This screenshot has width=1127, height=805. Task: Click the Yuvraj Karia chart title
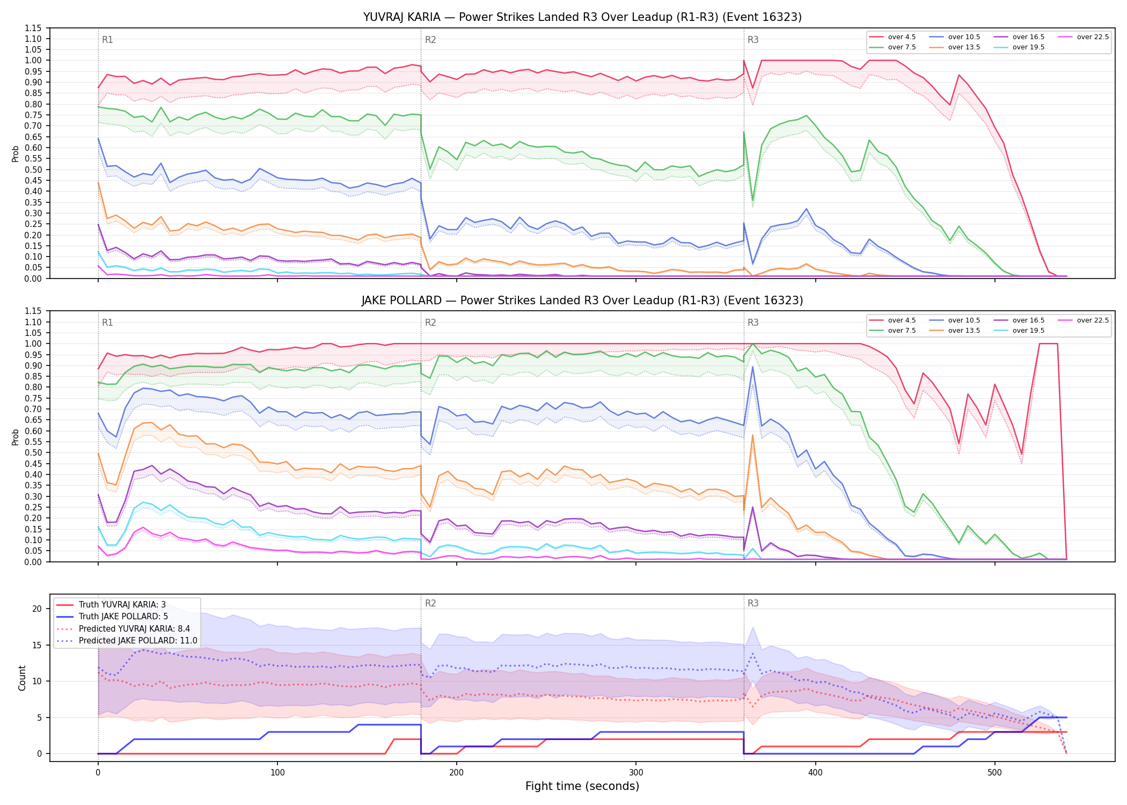582,17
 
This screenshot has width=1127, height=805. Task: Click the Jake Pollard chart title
582,301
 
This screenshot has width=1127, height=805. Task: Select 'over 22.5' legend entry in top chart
1083,37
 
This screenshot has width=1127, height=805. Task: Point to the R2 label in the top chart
430,40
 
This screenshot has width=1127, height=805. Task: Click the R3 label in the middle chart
753,323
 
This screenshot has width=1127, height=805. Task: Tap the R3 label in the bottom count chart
753,603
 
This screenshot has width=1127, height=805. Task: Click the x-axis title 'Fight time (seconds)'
582,786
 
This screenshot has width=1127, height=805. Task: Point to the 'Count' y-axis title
22,678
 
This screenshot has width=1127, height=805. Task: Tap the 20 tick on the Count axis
37,609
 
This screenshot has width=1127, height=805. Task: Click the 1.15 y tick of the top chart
33,28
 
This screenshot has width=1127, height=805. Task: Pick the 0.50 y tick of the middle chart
33,452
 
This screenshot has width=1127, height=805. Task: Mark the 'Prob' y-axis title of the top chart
16,153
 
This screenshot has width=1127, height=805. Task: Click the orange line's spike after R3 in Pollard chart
753,435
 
